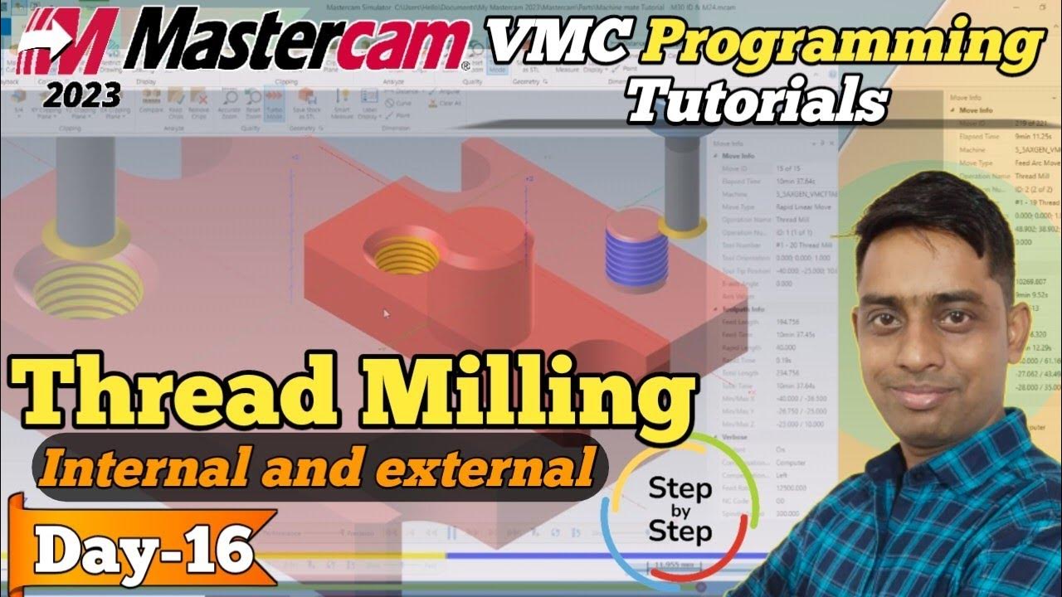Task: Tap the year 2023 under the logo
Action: [83, 96]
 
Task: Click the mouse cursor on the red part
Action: [386, 313]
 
